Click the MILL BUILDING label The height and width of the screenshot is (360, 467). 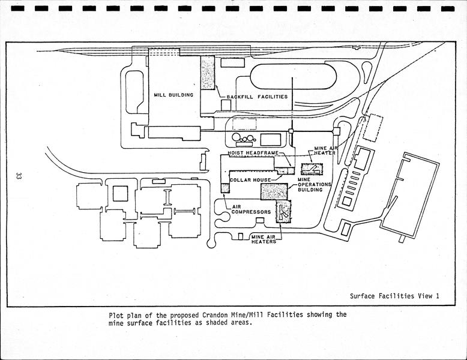click(x=168, y=95)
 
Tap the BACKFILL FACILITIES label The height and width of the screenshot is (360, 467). click(x=257, y=97)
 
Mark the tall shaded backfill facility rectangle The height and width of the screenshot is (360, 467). click(x=208, y=73)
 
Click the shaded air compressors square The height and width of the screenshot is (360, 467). click(x=226, y=188)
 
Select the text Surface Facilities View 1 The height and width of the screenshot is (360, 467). click(x=395, y=296)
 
